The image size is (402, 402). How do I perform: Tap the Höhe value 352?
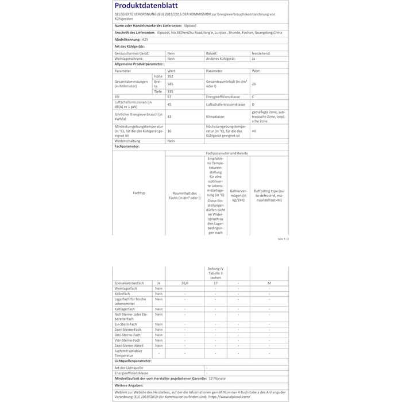click(x=170, y=76)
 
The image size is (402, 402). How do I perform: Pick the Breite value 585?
click(x=170, y=84)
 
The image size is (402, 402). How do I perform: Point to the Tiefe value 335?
click(x=170, y=91)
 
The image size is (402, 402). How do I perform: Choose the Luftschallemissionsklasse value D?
click(x=253, y=105)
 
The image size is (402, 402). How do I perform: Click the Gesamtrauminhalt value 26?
click(x=254, y=84)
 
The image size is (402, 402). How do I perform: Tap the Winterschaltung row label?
click(x=129, y=141)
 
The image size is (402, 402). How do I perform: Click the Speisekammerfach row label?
click(x=129, y=283)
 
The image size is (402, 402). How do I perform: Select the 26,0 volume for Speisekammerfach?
click(x=184, y=283)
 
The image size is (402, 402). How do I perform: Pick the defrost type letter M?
click(x=269, y=283)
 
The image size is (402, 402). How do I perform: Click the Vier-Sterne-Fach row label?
click(x=127, y=340)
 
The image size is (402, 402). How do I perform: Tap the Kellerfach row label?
click(x=123, y=293)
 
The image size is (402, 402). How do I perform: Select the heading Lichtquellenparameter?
click(x=138, y=361)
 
